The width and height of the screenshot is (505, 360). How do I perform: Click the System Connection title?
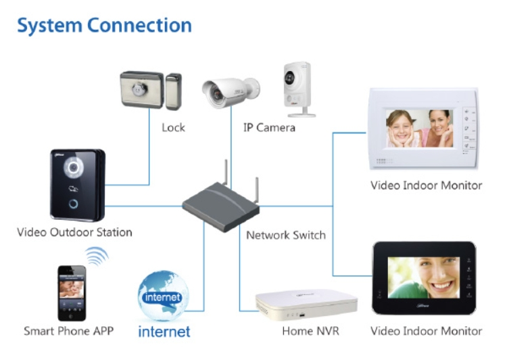click(x=104, y=26)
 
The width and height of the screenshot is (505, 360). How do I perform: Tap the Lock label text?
click(x=173, y=127)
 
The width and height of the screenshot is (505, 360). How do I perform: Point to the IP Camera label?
click(x=269, y=127)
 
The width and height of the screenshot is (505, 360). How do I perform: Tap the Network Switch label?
click(x=285, y=235)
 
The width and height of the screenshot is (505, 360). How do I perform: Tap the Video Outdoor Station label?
click(x=74, y=233)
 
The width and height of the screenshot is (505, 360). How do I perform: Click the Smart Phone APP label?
click(x=68, y=331)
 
